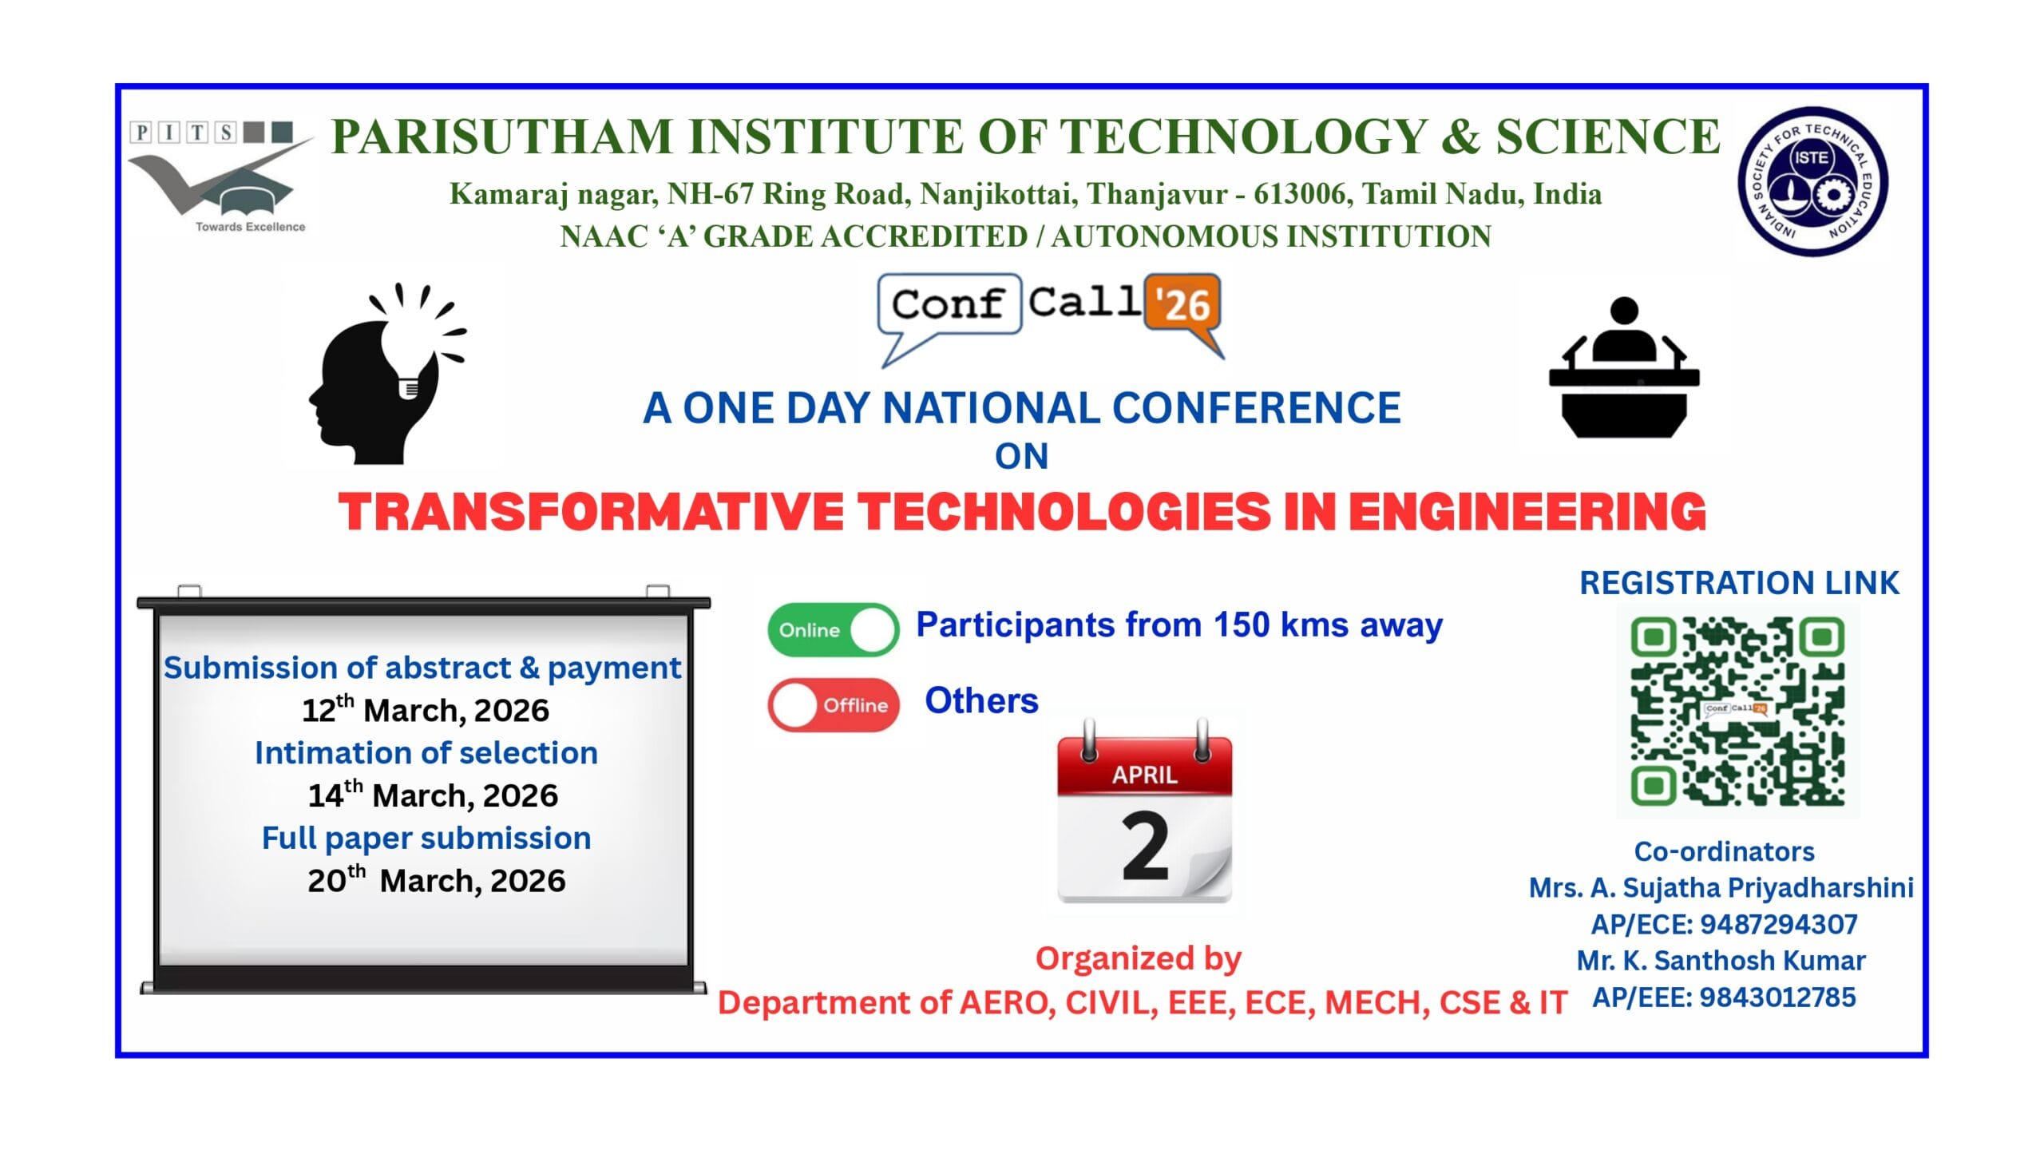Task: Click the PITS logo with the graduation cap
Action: [x=220, y=177]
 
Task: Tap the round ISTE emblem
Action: [x=1812, y=182]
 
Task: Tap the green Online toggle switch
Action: [x=833, y=629]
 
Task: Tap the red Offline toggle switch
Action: [x=833, y=705]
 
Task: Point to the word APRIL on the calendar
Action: [x=1144, y=775]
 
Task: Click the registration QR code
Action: [x=1737, y=711]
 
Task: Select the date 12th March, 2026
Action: [x=426, y=710]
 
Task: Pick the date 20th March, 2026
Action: [x=436, y=880]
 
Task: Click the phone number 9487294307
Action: [x=1779, y=924]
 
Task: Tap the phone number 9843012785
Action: [x=1777, y=997]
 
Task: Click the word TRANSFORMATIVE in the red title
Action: [x=591, y=511]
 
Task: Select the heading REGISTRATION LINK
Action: [x=1739, y=583]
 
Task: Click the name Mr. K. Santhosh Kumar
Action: [x=1721, y=960]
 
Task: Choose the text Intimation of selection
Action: [x=426, y=753]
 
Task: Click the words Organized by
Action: [x=1138, y=958]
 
